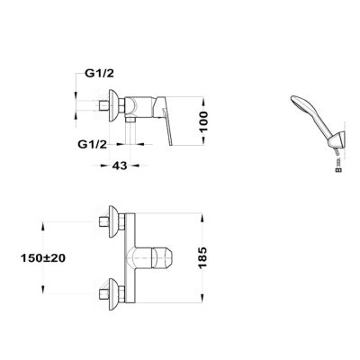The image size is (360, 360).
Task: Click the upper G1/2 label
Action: [x=99, y=74]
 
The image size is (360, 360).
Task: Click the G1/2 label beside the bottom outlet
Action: [x=92, y=145]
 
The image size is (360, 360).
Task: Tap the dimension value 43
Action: [x=120, y=166]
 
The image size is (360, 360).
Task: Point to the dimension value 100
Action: [x=203, y=121]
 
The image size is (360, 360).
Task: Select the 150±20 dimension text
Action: [x=43, y=258]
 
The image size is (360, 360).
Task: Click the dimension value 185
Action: [x=202, y=257]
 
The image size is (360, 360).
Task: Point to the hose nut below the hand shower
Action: [x=339, y=170]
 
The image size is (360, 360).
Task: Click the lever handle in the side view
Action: [x=165, y=120]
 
